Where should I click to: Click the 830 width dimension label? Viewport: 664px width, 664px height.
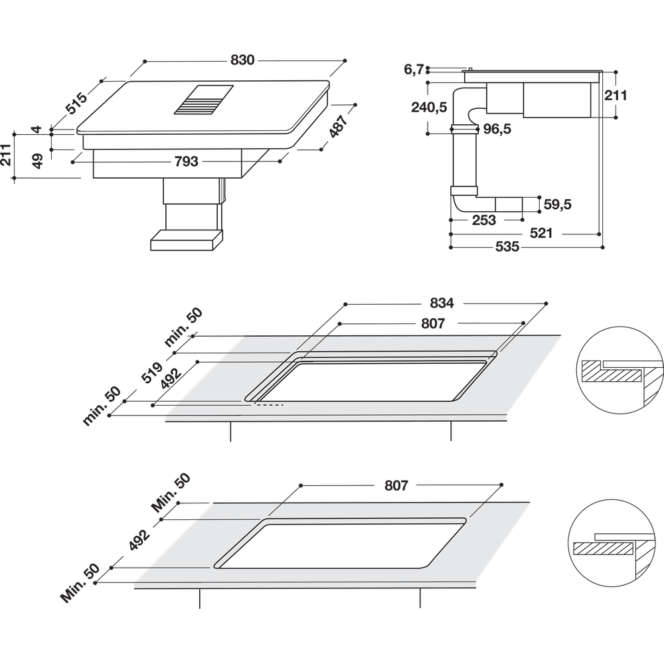coord(242,60)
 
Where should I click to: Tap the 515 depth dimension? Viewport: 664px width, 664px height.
coord(76,103)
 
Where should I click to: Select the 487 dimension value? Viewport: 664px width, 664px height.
coord(339,125)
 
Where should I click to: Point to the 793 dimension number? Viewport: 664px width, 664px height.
coord(187,161)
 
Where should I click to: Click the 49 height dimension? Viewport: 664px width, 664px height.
coord(38,161)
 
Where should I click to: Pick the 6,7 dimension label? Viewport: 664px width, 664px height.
coord(414,69)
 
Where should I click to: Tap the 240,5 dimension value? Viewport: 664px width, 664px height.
coord(429,107)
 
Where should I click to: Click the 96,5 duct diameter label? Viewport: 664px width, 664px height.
coord(497,129)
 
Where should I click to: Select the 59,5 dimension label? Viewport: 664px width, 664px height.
coord(558,205)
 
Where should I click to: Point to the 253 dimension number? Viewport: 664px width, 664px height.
coord(483,220)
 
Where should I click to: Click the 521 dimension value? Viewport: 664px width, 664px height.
coord(540,233)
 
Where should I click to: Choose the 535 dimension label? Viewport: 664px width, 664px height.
coord(507,246)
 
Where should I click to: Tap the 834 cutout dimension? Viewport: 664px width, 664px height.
coord(442,303)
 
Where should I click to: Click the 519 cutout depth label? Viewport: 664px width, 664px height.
coord(151,373)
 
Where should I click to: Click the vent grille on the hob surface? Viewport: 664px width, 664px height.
coord(204,100)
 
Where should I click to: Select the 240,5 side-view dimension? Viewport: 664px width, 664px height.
coord(429,107)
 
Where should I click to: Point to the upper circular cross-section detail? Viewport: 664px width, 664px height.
coord(620,370)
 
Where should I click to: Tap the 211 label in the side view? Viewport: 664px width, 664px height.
coord(616,95)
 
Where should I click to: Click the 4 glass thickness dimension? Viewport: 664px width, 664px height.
coord(37,129)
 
